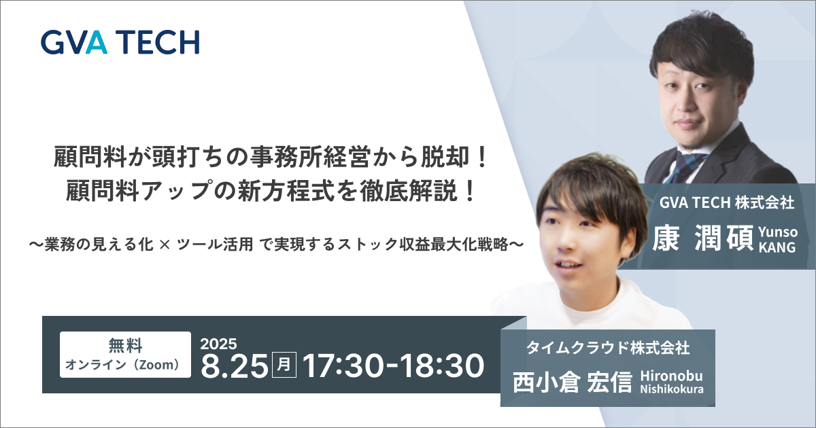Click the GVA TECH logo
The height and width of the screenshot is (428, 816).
120,42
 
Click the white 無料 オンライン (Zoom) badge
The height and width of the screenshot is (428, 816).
125,355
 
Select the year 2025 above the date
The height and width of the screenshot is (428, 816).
218,344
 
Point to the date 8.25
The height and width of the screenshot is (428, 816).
235,365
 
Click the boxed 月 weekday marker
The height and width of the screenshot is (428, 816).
284,365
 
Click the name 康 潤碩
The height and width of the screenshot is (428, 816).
702,238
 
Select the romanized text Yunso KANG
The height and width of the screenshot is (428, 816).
778,239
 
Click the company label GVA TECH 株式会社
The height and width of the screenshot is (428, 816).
727,202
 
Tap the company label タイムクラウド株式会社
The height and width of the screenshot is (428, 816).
608,348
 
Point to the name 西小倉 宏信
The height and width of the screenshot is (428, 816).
573,382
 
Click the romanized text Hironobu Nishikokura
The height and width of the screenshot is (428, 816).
672,382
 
